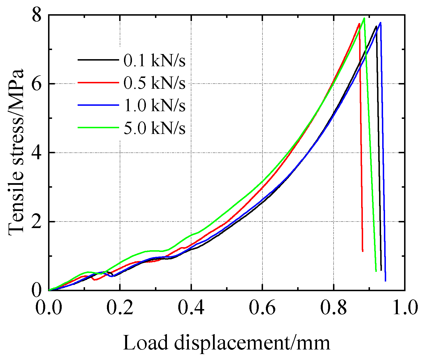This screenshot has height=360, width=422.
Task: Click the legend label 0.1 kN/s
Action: pyautogui.click(x=154, y=60)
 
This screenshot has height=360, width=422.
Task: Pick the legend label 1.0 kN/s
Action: pyautogui.click(x=154, y=105)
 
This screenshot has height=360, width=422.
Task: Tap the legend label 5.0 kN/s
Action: pyautogui.click(x=154, y=128)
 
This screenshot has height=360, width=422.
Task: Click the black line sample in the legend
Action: pyautogui.click(x=98, y=60)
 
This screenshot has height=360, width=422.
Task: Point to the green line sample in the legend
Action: pyautogui.click(x=98, y=127)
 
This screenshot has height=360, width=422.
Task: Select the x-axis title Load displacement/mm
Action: pyautogui.click(x=226, y=342)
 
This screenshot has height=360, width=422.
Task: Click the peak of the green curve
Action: pyautogui.click(x=364, y=18)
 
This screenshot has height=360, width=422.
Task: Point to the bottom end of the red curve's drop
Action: pyautogui.click(x=363, y=251)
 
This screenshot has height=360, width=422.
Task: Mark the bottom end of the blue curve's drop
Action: pyautogui.click(x=385, y=281)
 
